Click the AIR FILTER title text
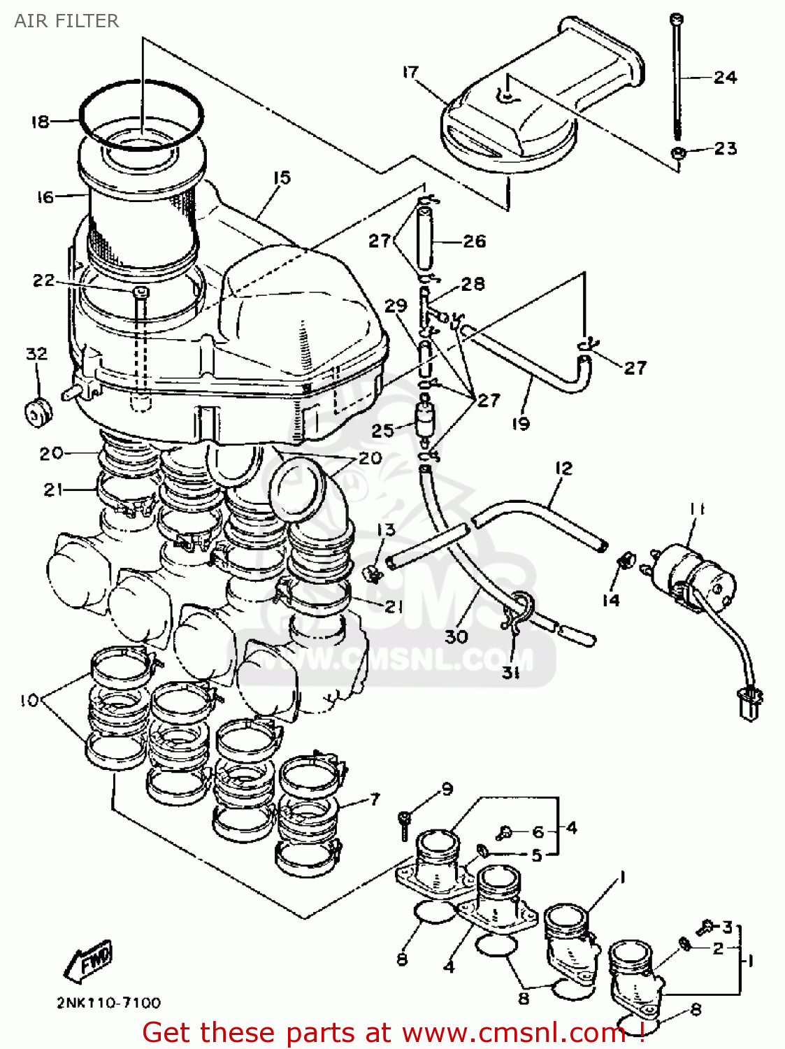coord(66,21)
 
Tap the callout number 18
coord(40,122)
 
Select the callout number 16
coord(45,197)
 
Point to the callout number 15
coord(281,178)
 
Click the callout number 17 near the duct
coord(410,72)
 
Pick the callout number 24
coord(725,77)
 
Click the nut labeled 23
coord(677,153)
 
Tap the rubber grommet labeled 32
coord(38,412)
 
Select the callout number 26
coord(474,241)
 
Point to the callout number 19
coord(521,423)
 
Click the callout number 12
coord(563,468)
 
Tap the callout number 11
coord(697,509)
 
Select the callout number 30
coord(456,636)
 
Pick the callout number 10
coord(29,700)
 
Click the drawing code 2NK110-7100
coord(108,1003)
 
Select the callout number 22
coord(43,280)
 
